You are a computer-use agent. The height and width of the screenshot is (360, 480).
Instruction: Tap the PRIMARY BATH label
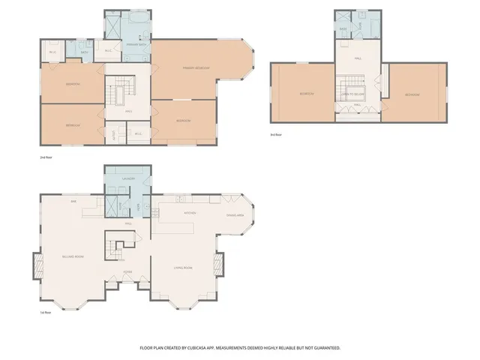[x=136, y=46]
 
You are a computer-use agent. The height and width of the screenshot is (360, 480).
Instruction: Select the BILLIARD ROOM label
[x=73, y=257]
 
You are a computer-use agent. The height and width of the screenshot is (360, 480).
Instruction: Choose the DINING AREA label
[x=232, y=216]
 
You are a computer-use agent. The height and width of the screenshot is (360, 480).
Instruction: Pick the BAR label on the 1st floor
[x=73, y=202]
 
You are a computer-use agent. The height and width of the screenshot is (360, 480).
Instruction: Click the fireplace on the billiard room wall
[x=37, y=262]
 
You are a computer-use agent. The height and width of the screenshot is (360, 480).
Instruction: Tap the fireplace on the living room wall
[x=219, y=263]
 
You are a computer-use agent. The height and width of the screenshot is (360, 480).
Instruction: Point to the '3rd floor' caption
[x=277, y=135]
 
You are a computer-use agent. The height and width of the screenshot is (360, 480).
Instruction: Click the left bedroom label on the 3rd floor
[x=307, y=94]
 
